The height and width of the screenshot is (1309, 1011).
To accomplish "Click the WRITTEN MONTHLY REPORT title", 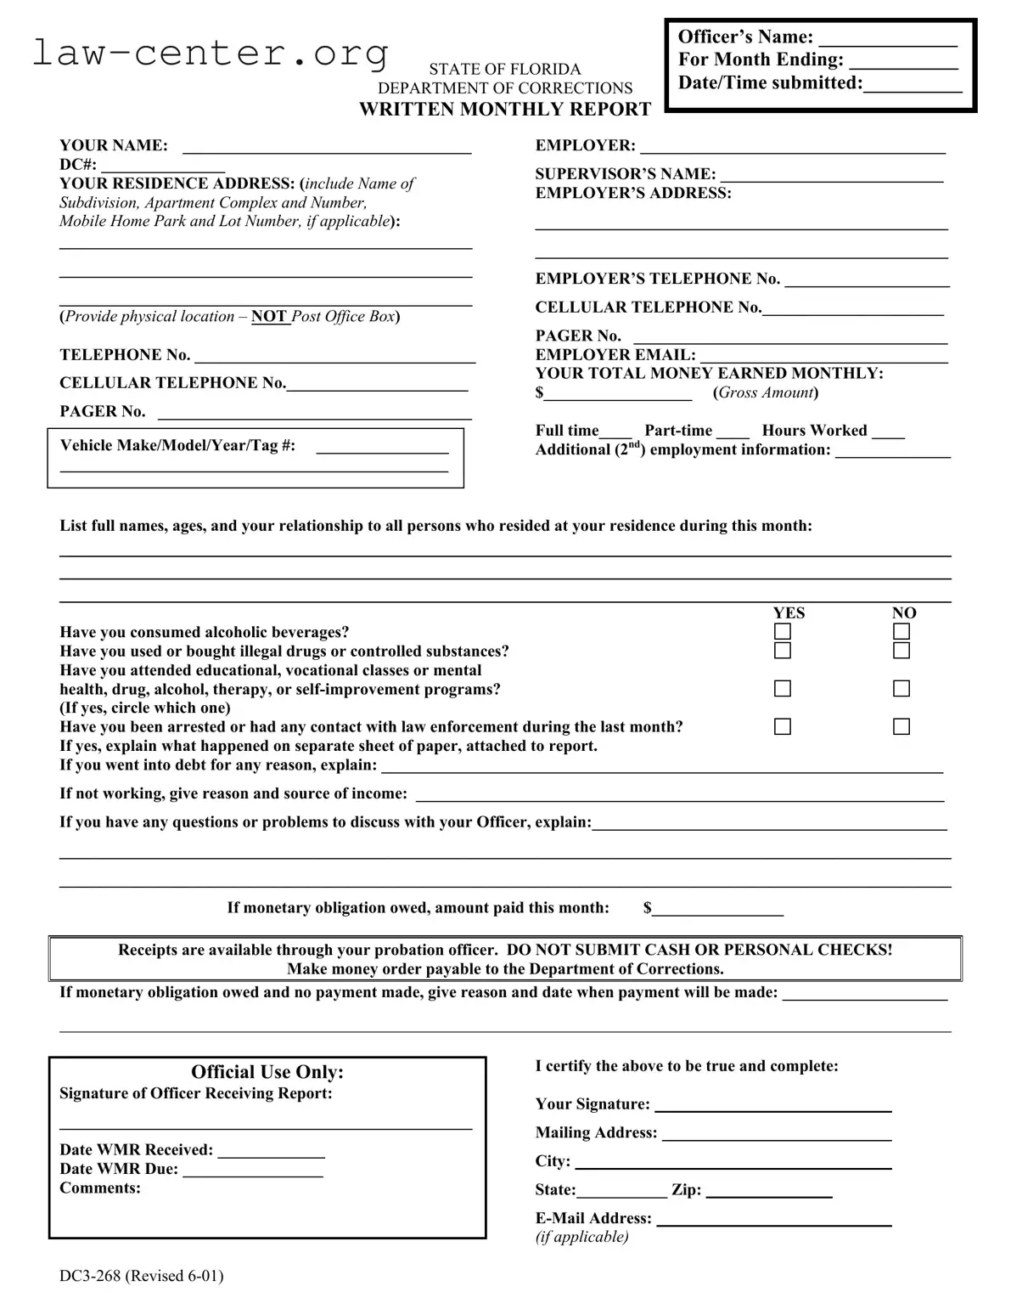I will pos(504,110).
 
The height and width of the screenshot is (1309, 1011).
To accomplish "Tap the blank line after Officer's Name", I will pos(887,39).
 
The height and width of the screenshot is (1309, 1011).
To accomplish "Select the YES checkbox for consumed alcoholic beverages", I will pos(783,632).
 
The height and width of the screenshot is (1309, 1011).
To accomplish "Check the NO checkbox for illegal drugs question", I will pos(901,651).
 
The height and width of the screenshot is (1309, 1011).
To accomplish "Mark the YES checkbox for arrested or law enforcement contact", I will pos(783,726).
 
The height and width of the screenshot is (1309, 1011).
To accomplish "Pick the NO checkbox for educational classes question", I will pos(901,689).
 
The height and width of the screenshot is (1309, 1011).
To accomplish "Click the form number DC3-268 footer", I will pos(141,1275).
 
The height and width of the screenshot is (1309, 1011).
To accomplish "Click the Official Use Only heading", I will pos(267,1072).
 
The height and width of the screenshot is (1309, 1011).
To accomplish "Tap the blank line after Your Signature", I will pos(772,1106).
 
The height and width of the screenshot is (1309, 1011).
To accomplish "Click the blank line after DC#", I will pos(163,166).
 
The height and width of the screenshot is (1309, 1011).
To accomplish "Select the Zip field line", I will pos(768,1192).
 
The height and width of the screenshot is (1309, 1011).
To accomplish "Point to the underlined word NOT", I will pos(268,317).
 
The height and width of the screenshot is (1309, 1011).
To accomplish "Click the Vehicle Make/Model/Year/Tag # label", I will pos(177,445).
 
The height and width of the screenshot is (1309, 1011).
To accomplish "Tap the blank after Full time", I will pos(615,432).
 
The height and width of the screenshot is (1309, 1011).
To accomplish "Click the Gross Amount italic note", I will pos(766,392).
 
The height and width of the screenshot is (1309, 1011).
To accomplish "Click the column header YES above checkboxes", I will pos(789,613).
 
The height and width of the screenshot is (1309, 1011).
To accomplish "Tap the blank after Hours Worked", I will pos(888,432).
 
